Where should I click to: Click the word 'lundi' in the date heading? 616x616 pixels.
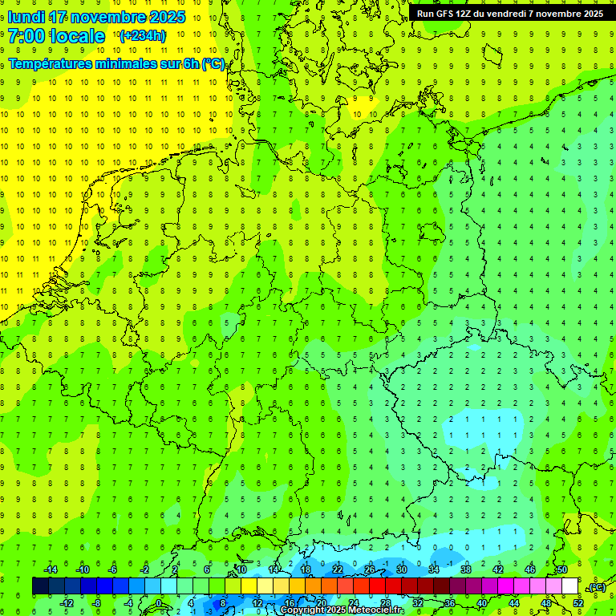pos(26,17)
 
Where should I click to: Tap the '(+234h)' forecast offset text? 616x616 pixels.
pos(142,35)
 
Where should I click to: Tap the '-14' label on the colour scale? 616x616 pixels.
pos(50,569)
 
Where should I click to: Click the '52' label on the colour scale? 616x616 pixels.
pos(578,602)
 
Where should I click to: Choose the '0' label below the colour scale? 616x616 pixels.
pos(158,602)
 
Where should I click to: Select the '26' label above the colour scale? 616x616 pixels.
pos(370,569)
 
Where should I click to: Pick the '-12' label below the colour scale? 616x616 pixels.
pos(67,602)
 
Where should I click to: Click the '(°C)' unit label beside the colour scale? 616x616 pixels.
pos(597,587)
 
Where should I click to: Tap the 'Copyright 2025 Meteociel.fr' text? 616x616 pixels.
pos(342,610)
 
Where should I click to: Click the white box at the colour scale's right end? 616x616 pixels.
pos(569,586)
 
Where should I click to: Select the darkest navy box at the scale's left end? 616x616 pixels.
pos(40,586)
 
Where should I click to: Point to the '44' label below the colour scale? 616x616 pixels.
pos(514,602)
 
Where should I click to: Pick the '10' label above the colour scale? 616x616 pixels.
pos(241,569)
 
